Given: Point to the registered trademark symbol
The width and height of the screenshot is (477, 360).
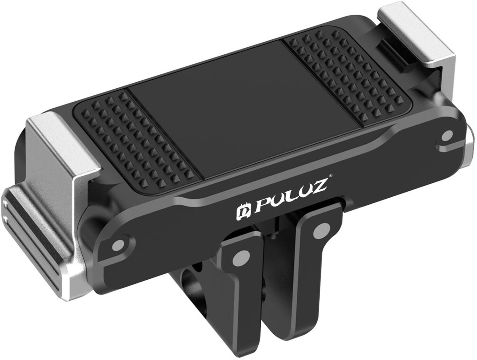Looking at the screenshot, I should (x=330, y=175).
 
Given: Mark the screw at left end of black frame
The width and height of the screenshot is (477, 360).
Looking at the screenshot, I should (x=119, y=245).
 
